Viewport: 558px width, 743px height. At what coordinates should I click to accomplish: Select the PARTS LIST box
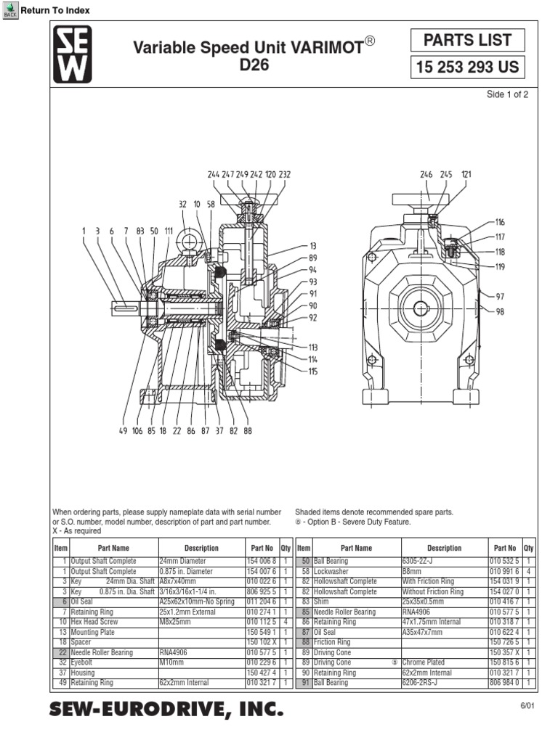click(467, 41)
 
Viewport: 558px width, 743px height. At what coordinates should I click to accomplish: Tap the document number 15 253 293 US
click(467, 68)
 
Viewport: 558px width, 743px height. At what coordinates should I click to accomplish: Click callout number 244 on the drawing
click(213, 175)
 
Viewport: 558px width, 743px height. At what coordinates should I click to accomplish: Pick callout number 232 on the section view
click(284, 175)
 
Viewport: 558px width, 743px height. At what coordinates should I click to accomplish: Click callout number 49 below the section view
click(123, 430)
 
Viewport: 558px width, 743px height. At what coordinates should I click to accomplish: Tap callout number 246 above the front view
click(426, 175)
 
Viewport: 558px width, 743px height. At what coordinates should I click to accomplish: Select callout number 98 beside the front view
click(500, 311)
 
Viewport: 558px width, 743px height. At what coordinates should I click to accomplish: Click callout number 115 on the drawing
click(313, 371)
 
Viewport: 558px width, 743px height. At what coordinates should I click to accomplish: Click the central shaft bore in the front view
click(421, 308)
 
